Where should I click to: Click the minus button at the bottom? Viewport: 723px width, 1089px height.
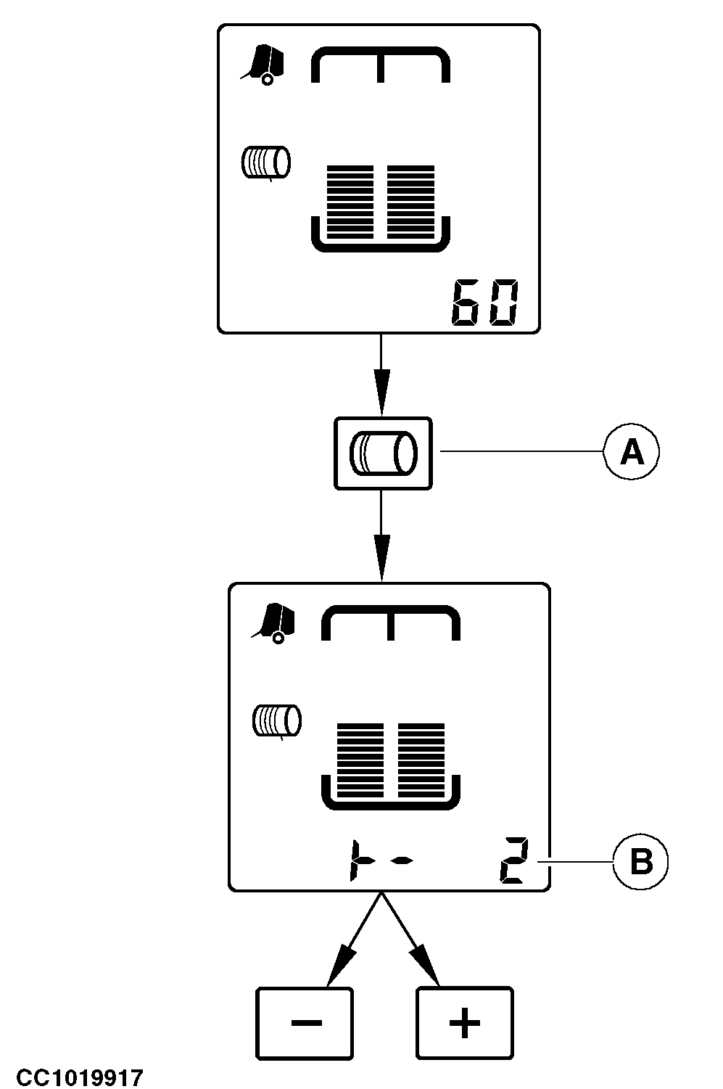coord(305,1022)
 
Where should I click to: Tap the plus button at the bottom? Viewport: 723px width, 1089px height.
coord(464,1022)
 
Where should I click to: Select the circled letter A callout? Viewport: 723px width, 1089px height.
coord(632,453)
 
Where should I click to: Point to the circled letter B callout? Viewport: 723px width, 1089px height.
coord(641,863)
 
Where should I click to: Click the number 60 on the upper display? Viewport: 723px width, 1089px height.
coord(484,302)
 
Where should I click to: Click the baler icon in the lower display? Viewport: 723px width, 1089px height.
coord(274,623)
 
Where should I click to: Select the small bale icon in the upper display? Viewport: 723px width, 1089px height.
coord(265,162)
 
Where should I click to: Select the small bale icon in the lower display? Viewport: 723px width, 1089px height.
coord(276,721)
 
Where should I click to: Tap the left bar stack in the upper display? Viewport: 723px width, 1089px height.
coord(351,202)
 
